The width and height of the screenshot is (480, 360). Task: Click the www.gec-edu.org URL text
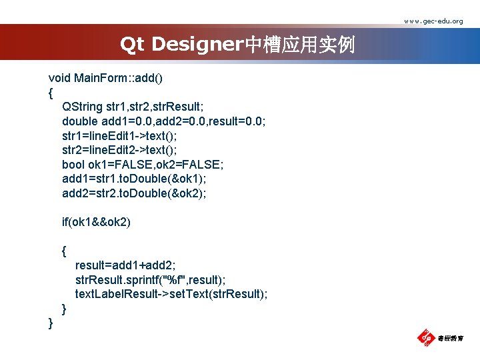tap(433, 21)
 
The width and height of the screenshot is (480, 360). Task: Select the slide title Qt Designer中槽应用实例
tap(237, 45)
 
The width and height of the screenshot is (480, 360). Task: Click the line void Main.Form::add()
tap(105, 78)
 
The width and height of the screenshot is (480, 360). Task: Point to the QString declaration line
tap(133, 107)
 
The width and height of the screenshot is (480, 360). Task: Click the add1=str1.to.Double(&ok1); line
tap(134, 179)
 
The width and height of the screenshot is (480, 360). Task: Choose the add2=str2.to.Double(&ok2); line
tap(134, 193)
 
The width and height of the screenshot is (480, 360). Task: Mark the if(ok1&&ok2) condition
tap(96, 222)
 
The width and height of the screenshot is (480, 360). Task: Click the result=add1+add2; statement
tap(126, 265)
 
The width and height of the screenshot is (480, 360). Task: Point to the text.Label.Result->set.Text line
tap(171, 294)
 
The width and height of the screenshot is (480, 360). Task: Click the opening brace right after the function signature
tap(51, 93)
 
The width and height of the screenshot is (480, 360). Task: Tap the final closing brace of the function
tap(51, 323)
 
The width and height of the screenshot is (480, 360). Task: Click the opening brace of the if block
tap(64, 251)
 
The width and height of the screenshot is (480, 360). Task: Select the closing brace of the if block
tap(64, 309)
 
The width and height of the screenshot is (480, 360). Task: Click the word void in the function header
tap(59, 78)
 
